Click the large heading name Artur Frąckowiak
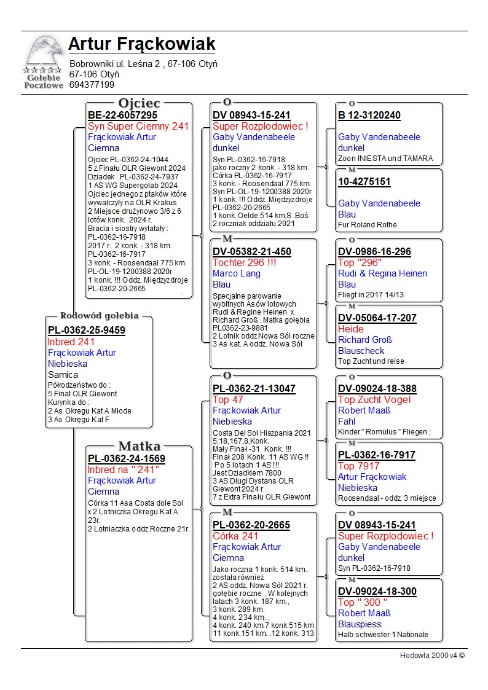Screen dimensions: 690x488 pos(142,44)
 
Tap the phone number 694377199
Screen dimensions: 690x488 pos(92,85)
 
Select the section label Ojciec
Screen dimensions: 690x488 pos(139,103)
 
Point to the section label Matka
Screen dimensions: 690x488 pos(139,446)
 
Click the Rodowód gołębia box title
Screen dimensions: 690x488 pos(99,316)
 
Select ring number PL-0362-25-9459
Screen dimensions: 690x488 pos(86,331)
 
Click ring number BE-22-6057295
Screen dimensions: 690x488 pos(122,116)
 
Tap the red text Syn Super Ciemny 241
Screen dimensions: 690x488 pos(138,127)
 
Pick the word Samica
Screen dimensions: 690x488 pos(63,374)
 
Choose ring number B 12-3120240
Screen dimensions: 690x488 pos(369,116)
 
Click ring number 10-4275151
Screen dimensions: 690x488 pos(364,182)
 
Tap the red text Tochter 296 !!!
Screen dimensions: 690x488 pos(243,262)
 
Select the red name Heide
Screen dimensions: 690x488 pos(351,329)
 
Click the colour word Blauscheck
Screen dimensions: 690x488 pos(361,351)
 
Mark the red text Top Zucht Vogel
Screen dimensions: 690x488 pos(374,399)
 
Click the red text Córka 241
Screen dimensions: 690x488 pos(235,536)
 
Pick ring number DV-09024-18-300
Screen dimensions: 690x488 pos(377,591)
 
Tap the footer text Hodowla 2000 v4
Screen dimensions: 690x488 pos(432,656)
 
